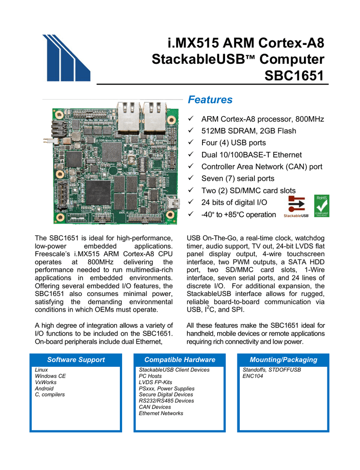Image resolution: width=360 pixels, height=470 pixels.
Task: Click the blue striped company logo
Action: coord(66,58)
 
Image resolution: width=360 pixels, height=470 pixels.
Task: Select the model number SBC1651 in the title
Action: coord(294,76)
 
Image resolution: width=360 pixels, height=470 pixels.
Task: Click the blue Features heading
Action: coord(210,100)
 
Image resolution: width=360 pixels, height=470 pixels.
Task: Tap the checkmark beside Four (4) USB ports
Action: coord(191,142)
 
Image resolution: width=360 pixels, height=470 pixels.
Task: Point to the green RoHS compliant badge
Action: coord(322,206)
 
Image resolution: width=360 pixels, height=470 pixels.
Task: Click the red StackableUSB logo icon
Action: coord(296,205)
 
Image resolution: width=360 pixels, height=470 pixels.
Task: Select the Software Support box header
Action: coord(76,360)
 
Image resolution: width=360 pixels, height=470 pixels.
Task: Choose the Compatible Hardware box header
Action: coord(180,360)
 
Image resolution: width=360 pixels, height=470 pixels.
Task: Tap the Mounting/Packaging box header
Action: coord(283,360)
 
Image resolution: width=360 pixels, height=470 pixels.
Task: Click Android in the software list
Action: coord(44,388)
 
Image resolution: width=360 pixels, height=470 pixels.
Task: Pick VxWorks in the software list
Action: coord(45,382)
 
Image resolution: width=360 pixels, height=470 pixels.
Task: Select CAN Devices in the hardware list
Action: coord(155,407)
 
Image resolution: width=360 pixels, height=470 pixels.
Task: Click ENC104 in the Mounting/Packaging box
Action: coord(253,376)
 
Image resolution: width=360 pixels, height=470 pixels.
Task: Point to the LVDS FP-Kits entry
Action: coord(155,382)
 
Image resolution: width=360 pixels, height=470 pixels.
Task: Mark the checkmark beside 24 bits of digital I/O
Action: coord(191,202)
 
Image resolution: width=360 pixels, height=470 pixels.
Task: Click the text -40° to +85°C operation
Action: coord(238,215)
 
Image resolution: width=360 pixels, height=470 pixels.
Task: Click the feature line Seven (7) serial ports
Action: coord(238,179)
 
